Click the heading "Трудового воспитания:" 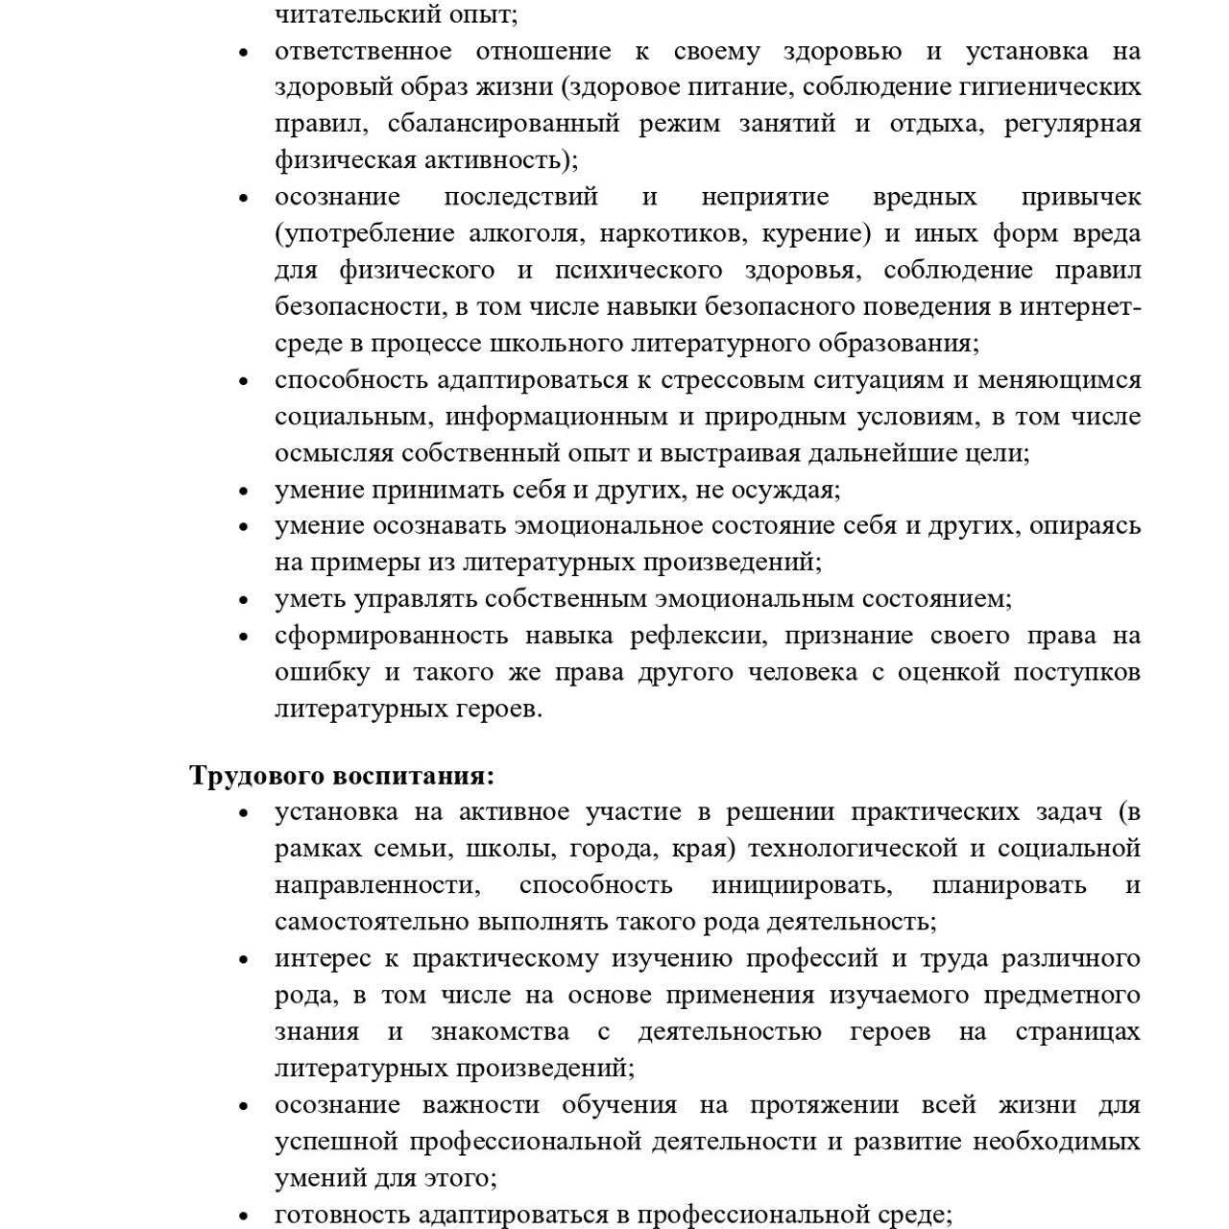pyautogui.click(x=342, y=775)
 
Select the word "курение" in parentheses pyautogui.click(x=818, y=233)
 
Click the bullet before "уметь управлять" pyautogui.click(x=244, y=600)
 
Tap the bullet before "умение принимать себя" pyautogui.click(x=244, y=491)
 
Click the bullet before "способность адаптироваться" pyautogui.click(x=244, y=381)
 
